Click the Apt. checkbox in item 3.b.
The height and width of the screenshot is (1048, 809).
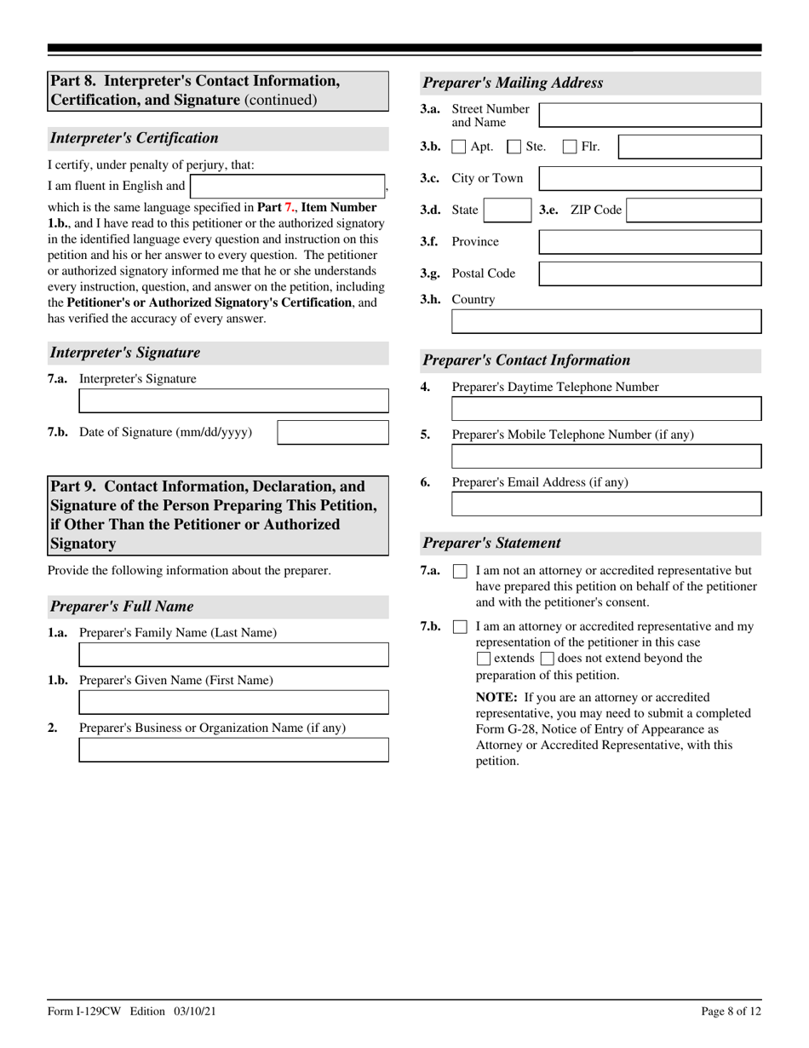[x=458, y=147]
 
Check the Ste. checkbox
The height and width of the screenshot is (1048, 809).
[x=514, y=147]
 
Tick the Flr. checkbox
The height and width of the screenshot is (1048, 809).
[x=570, y=147]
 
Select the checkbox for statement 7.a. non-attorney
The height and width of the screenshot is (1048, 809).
[x=460, y=572]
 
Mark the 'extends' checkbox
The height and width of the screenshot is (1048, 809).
[x=484, y=659]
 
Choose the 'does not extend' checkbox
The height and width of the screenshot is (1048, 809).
[x=547, y=659]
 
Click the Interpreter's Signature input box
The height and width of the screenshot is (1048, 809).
[x=233, y=401]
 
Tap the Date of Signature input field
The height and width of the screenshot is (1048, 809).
[x=333, y=433]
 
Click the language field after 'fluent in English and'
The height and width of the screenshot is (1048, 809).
[x=288, y=187]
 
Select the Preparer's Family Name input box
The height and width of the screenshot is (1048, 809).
[x=233, y=654]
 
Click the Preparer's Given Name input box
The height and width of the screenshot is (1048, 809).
[x=233, y=702]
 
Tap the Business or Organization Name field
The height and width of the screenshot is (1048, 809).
[x=233, y=750]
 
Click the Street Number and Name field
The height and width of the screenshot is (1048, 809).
[x=650, y=116]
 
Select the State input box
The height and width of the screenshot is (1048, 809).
[x=508, y=210]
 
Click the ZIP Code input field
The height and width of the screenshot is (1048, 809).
[x=693, y=210]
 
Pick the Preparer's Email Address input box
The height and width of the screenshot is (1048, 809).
[x=605, y=504]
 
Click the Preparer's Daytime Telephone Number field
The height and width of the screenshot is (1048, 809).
[x=605, y=409]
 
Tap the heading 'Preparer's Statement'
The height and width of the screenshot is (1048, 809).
[x=492, y=544]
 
